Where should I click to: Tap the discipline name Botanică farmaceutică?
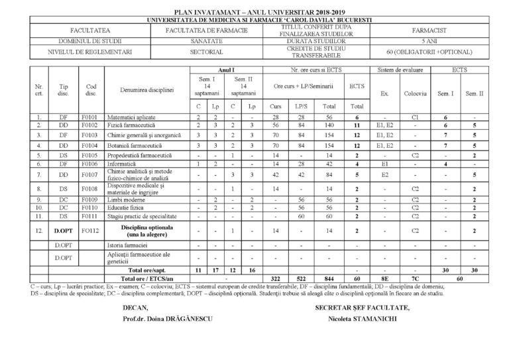coord(135,145)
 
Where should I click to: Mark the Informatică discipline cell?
coord(127,163)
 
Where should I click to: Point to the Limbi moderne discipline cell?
coord(129,199)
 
